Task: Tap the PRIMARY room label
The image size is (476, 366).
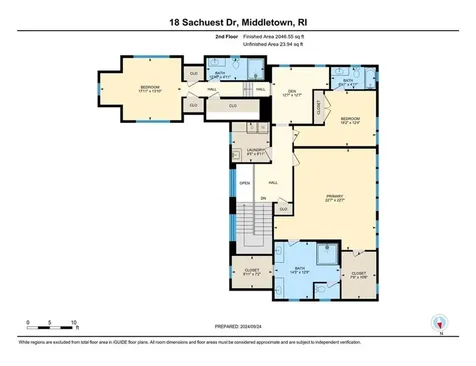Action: (x=335, y=197)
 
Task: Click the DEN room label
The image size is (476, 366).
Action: (x=291, y=93)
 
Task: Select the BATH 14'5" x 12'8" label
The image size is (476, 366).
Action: (x=300, y=268)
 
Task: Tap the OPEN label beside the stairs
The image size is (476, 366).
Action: (x=244, y=183)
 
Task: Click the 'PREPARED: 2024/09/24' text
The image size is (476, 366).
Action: (x=238, y=326)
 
